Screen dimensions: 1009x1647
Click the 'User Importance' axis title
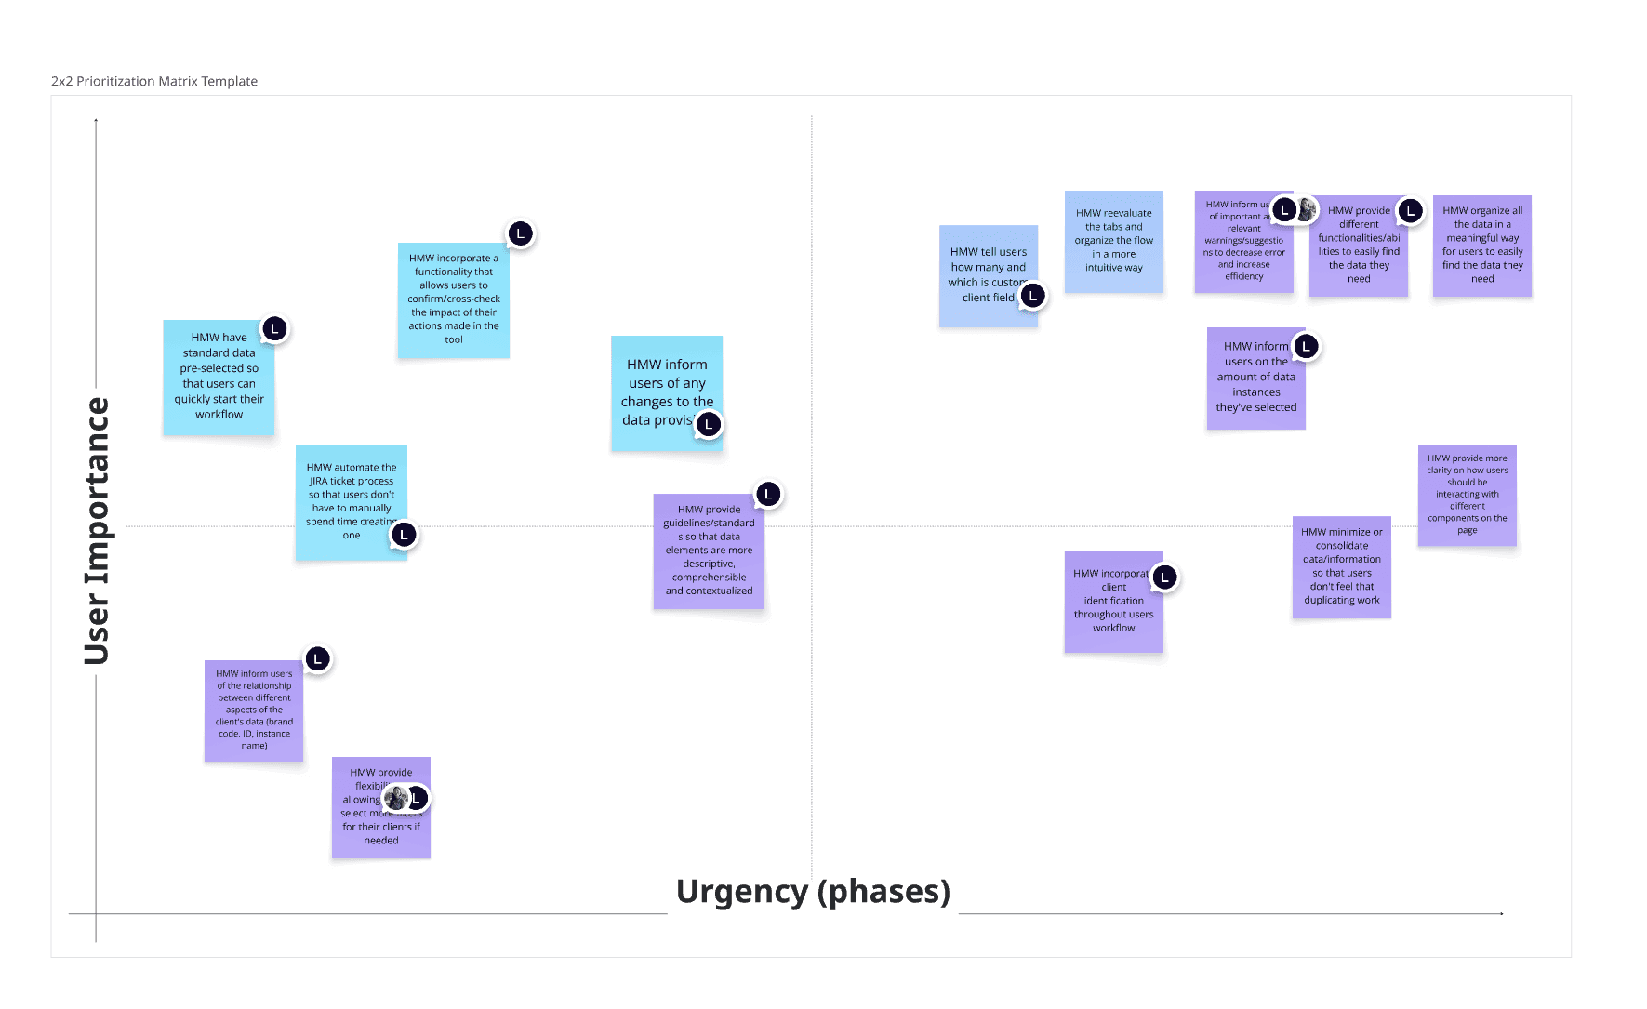pos(97,531)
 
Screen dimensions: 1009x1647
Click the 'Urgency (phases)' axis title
pos(813,891)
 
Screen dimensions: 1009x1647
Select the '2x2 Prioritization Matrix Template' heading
pos(154,82)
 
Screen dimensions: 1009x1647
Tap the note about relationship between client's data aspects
pos(254,710)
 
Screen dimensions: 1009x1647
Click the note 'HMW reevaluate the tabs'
pos(1113,242)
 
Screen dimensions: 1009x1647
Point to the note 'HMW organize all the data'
pos(1481,246)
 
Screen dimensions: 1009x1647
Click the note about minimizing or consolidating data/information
pos(1341,566)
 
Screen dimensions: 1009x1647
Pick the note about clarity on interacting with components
pos(1467,495)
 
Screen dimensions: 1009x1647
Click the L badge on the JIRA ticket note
pos(404,535)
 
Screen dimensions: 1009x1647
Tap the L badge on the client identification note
pos(1164,578)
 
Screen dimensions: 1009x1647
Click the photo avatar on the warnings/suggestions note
pos(1307,209)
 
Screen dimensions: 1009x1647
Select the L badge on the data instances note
pos(1307,347)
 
